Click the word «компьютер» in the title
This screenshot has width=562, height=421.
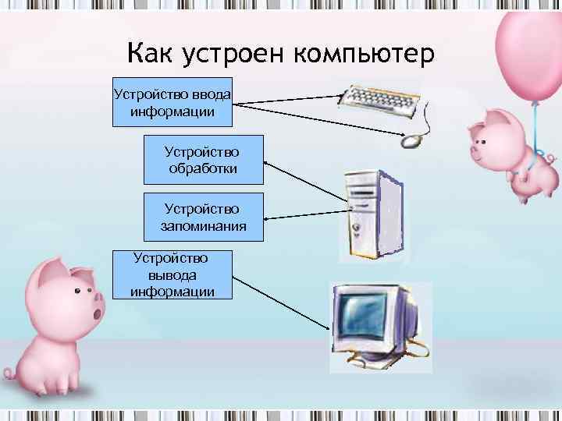coord(369,55)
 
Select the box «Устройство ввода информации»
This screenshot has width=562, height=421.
coord(173,102)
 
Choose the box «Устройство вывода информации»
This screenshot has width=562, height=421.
coord(173,274)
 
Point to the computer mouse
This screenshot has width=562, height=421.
coord(411,141)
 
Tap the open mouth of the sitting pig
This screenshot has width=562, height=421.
coord(96,313)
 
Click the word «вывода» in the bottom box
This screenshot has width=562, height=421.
coord(172,274)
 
